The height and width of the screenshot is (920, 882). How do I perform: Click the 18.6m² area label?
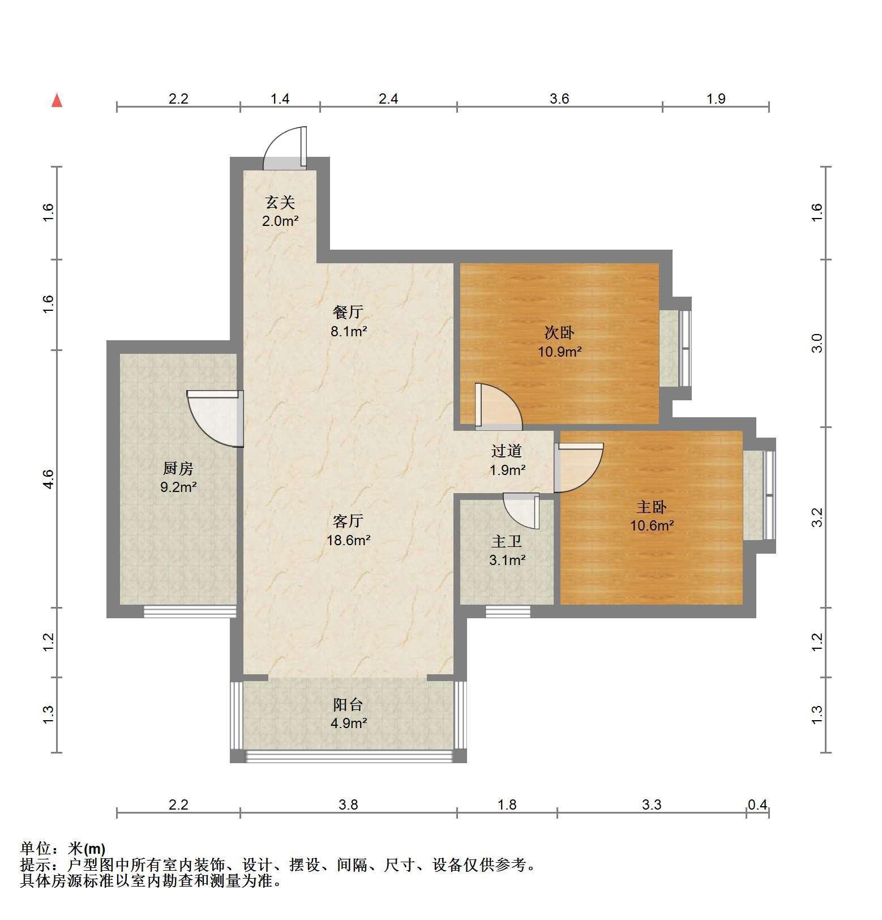(348, 540)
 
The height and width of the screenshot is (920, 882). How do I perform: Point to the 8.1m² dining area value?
(349, 331)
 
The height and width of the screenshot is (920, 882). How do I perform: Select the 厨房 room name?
(178, 468)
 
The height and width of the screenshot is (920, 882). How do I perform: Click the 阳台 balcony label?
(348, 705)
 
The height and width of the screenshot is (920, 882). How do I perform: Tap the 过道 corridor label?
(507, 451)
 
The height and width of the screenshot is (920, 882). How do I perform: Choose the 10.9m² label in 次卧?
(560, 352)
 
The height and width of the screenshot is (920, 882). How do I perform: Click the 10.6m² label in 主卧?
(652, 525)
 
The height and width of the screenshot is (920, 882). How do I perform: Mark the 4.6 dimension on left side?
(49, 479)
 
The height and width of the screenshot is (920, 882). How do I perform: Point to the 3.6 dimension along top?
(559, 99)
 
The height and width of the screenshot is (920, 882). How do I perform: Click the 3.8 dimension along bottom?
(348, 805)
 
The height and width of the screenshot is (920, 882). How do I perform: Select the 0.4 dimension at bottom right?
(757, 805)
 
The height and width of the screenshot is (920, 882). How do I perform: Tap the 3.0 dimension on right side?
(817, 343)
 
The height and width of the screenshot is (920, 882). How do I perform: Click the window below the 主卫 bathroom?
(508, 611)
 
